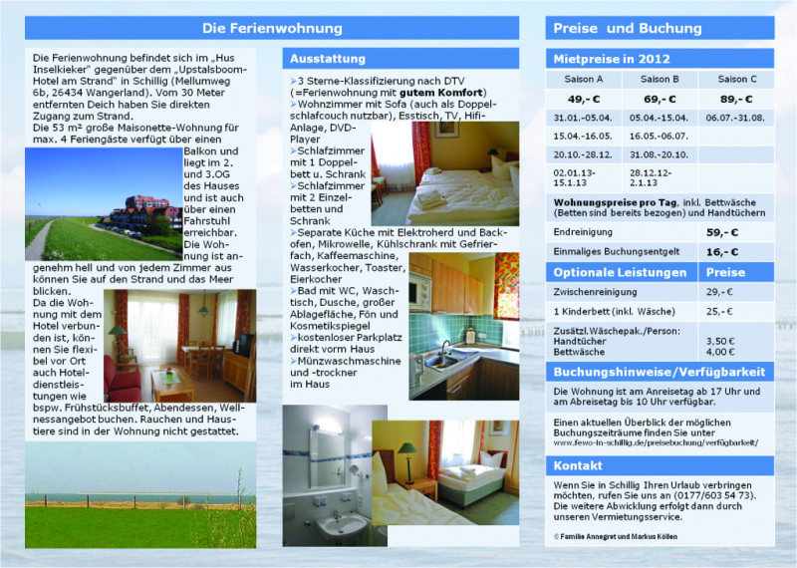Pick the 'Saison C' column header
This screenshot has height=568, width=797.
(737, 79)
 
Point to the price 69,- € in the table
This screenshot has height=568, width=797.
(660, 99)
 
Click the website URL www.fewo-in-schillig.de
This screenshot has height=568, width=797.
(657, 441)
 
